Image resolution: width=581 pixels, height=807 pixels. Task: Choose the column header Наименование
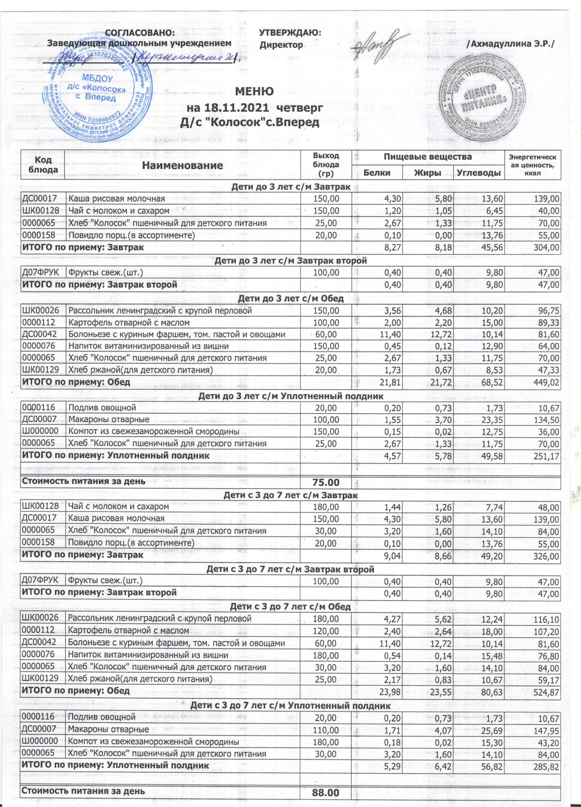point(183,165)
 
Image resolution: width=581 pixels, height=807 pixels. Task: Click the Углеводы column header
point(480,173)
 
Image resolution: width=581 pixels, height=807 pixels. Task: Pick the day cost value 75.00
point(326,483)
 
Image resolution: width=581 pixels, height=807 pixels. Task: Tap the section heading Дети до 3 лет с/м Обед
point(290,299)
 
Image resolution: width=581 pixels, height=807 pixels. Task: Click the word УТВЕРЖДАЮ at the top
point(290,33)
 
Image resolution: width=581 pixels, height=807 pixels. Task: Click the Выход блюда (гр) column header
point(326,165)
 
